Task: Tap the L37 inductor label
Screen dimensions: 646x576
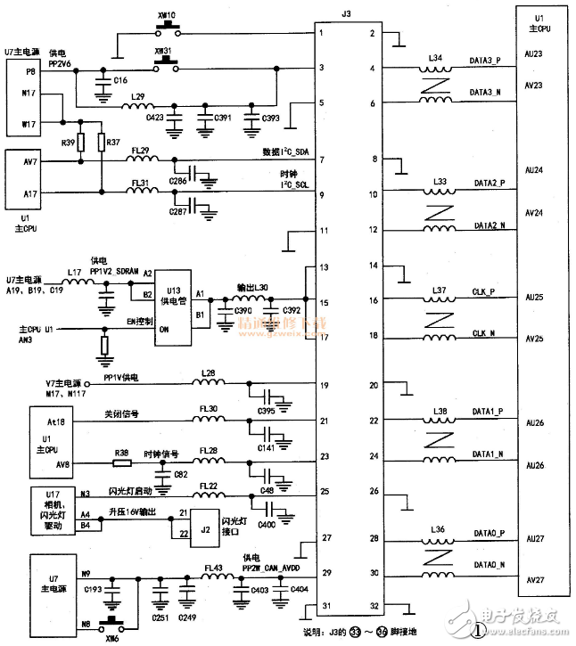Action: (440, 290)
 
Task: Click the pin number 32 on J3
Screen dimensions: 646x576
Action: (372, 607)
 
